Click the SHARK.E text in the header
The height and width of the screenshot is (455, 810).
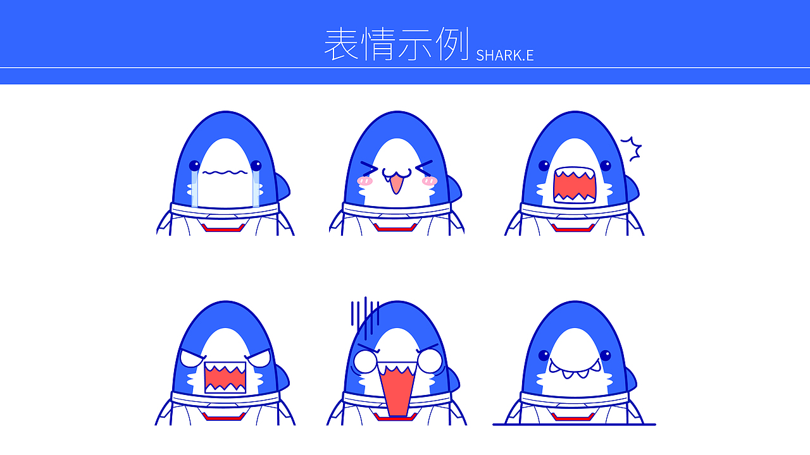pos(504,55)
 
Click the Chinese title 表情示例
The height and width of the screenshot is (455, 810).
pos(396,44)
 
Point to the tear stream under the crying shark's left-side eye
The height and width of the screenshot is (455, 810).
pos(195,188)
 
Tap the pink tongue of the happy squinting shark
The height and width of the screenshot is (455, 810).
pos(396,184)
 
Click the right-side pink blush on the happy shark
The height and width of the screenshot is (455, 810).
pos(430,181)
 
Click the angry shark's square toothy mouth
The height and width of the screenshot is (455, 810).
pos(225,377)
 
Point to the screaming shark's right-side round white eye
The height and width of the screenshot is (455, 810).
pos(432,361)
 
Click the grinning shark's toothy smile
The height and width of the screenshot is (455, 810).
pos(574,368)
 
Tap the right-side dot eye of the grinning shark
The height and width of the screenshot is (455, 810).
pos(605,355)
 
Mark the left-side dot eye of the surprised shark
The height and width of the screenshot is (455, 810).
pos(544,166)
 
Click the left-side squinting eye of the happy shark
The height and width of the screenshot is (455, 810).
pos(368,168)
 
